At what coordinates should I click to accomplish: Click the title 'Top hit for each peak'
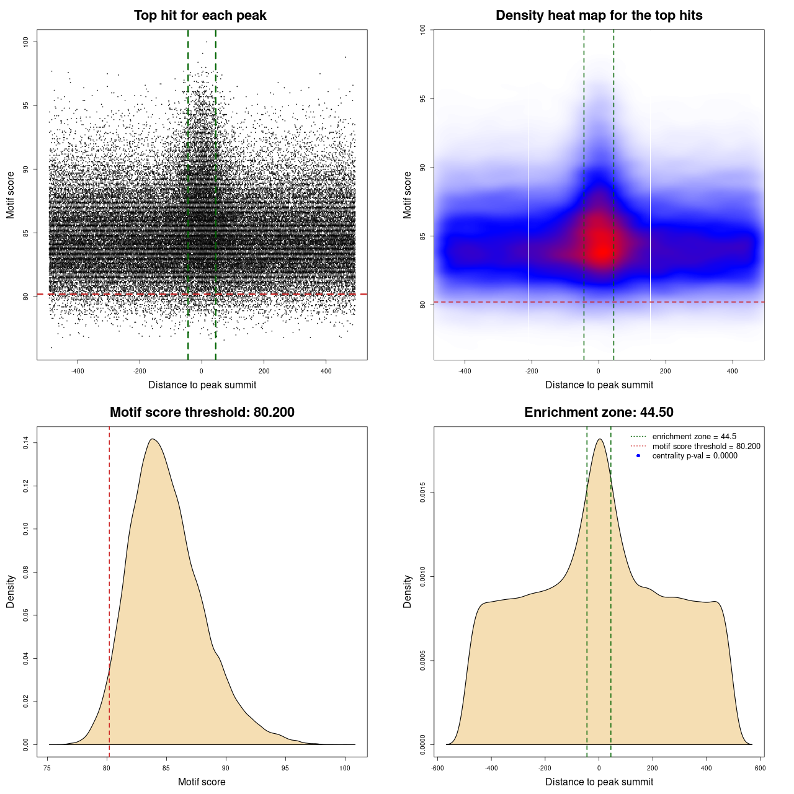click(200, 16)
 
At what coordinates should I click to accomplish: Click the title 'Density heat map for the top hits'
click(599, 16)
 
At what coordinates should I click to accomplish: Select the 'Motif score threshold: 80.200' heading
click(202, 413)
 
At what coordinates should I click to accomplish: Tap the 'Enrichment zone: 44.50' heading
click(599, 413)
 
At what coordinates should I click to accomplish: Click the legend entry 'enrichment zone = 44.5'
click(694, 437)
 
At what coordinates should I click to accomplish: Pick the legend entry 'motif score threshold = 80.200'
click(706, 446)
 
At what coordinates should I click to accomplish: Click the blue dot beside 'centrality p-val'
click(638, 456)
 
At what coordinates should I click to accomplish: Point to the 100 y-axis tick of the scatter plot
click(25, 42)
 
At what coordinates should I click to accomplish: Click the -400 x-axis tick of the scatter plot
click(78, 371)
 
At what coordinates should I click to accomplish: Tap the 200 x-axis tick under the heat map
click(666, 371)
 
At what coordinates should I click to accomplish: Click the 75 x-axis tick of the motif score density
click(48, 768)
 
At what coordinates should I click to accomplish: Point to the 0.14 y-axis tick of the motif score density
click(25, 443)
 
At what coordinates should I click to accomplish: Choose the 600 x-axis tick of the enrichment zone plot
click(760, 768)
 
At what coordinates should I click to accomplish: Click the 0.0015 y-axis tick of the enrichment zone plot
click(422, 493)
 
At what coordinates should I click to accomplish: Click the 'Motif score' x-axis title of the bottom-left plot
click(202, 782)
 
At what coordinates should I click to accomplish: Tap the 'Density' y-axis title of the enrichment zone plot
click(408, 591)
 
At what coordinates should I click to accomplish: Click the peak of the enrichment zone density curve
click(599, 439)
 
